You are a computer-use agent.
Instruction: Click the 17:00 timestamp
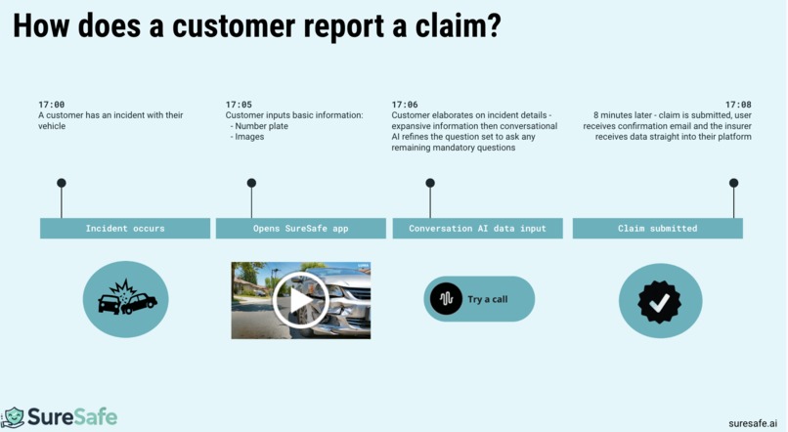[x=51, y=105]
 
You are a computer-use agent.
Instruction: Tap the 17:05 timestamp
[x=239, y=105]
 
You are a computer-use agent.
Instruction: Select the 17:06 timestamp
[x=405, y=105]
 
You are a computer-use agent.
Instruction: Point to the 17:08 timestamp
[x=738, y=105]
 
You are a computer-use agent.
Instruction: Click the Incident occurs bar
[x=125, y=228]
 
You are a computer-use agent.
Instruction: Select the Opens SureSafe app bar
[x=300, y=228]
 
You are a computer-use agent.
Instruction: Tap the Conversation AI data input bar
[x=477, y=228]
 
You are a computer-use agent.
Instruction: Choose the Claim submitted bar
[x=657, y=228]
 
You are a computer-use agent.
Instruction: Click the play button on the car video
[x=300, y=300]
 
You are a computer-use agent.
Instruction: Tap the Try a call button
[x=479, y=299]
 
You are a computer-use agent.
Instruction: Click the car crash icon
[x=127, y=298]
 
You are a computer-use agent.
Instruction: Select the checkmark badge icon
[x=659, y=302]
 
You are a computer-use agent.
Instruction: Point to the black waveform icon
[x=446, y=299]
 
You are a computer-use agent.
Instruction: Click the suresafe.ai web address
[x=753, y=423]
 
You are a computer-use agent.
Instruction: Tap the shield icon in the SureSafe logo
[x=14, y=417]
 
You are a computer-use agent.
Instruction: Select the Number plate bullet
[x=259, y=126]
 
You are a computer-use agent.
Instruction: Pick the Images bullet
[x=246, y=137]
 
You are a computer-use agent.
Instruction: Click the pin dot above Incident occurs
[x=62, y=183]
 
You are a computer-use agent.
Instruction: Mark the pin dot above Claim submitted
[x=733, y=183]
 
